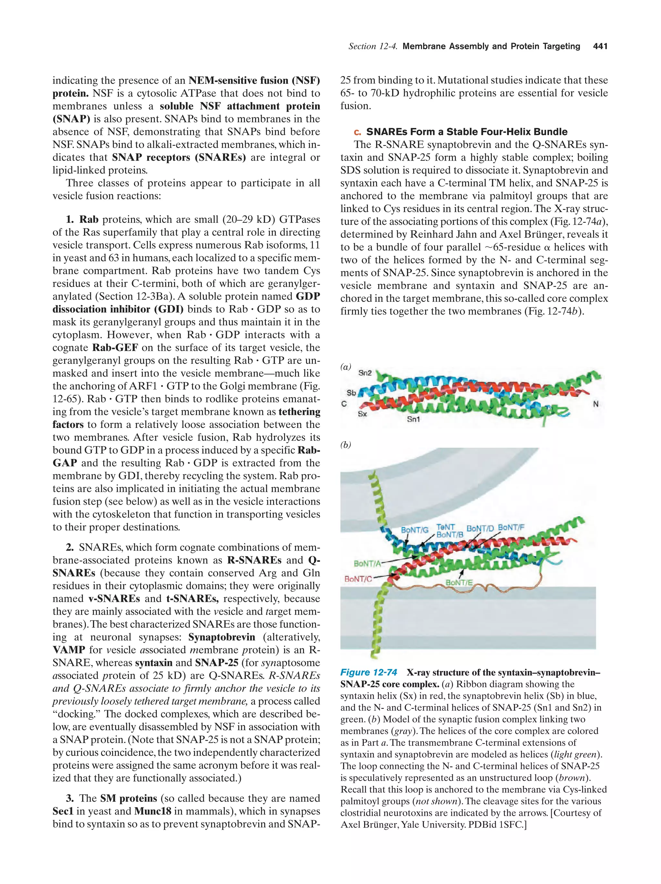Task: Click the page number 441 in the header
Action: [600, 46]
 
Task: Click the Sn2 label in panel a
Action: [365, 373]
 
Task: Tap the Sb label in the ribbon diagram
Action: [351, 393]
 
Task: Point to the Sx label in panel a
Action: [362, 414]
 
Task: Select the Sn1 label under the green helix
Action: [413, 419]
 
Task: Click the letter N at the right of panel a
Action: [595, 404]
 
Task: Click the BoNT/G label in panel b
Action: [415, 530]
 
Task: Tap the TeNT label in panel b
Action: [445, 527]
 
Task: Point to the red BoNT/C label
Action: [358, 579]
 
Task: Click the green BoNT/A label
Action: [367, 563]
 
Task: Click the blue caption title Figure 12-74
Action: [369, 672]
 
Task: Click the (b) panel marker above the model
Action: [345, 445]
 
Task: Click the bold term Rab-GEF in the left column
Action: [115, 348]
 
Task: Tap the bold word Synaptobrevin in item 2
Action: [221, 637]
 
